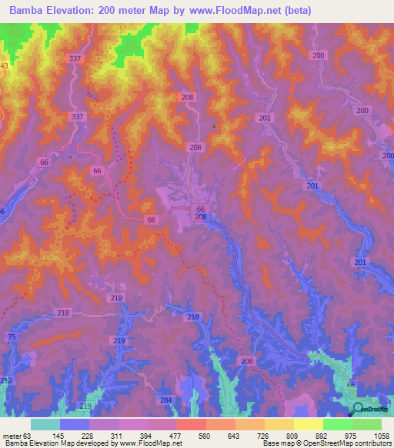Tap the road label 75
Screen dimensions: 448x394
tap(11, 338)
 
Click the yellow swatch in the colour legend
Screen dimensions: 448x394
tap(309, 424)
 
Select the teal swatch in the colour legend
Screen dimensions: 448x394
tap(45, 424)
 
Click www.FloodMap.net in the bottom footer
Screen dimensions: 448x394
tap(151, 443)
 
